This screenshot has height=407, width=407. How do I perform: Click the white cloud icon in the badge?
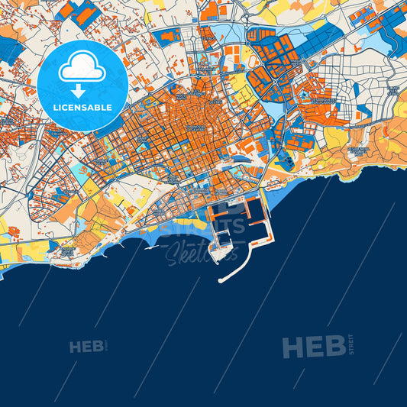82,67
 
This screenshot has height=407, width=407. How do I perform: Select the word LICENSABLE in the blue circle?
82,107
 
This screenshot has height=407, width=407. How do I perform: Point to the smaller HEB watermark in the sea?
86,347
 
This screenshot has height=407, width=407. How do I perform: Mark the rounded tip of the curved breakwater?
221,281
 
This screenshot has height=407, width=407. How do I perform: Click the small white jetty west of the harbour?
152,245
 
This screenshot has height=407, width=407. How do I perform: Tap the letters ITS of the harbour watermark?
233,225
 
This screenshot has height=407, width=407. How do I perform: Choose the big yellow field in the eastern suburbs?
335,137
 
